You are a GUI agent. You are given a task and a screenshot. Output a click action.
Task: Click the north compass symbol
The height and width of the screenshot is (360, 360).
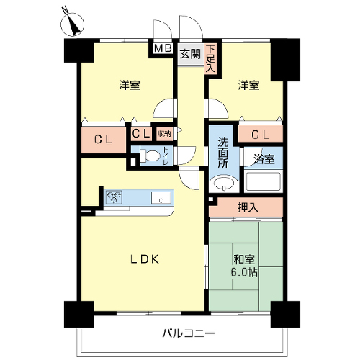point(72,24)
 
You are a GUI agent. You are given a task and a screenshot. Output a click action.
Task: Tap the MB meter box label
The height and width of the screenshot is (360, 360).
point(163,48)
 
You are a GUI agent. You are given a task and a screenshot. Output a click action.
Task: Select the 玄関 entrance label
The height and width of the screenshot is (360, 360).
point(190,54)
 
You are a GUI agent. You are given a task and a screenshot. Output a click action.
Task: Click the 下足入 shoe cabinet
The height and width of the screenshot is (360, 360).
point(210,59)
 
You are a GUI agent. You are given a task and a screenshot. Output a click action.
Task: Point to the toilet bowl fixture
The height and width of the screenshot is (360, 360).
point(150,156)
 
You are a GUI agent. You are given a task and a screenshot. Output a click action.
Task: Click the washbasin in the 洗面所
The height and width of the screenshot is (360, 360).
point(224,184)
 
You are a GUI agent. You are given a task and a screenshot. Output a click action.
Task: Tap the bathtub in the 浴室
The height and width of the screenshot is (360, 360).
point(262,181)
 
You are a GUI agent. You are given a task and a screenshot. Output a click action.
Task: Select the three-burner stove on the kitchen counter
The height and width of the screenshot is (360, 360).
point(114,197)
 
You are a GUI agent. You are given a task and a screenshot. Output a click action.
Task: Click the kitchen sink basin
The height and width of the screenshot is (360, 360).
point(161,198)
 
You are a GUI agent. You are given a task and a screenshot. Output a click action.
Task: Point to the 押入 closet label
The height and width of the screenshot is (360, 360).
point(248,207)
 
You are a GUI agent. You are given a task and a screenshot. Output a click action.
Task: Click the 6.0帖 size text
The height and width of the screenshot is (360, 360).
point(244,272)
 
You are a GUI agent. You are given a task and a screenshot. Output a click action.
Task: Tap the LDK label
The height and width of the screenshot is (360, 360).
point(145,259)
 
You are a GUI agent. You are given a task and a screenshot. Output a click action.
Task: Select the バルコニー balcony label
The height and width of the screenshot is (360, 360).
point(189,333)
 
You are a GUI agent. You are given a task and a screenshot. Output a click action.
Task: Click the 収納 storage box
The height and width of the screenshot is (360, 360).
point(164,134)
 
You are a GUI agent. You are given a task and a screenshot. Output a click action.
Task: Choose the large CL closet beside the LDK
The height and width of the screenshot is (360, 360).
point(104,140)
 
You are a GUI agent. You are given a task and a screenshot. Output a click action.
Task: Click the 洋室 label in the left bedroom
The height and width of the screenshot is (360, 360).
point(130,86)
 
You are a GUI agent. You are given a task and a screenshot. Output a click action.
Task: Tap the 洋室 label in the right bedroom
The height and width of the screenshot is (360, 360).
point(248,86)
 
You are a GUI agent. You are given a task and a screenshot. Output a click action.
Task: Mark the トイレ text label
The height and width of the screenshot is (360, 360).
point(166,156)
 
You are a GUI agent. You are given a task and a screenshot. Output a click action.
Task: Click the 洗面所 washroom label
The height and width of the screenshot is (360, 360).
point(223,153)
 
